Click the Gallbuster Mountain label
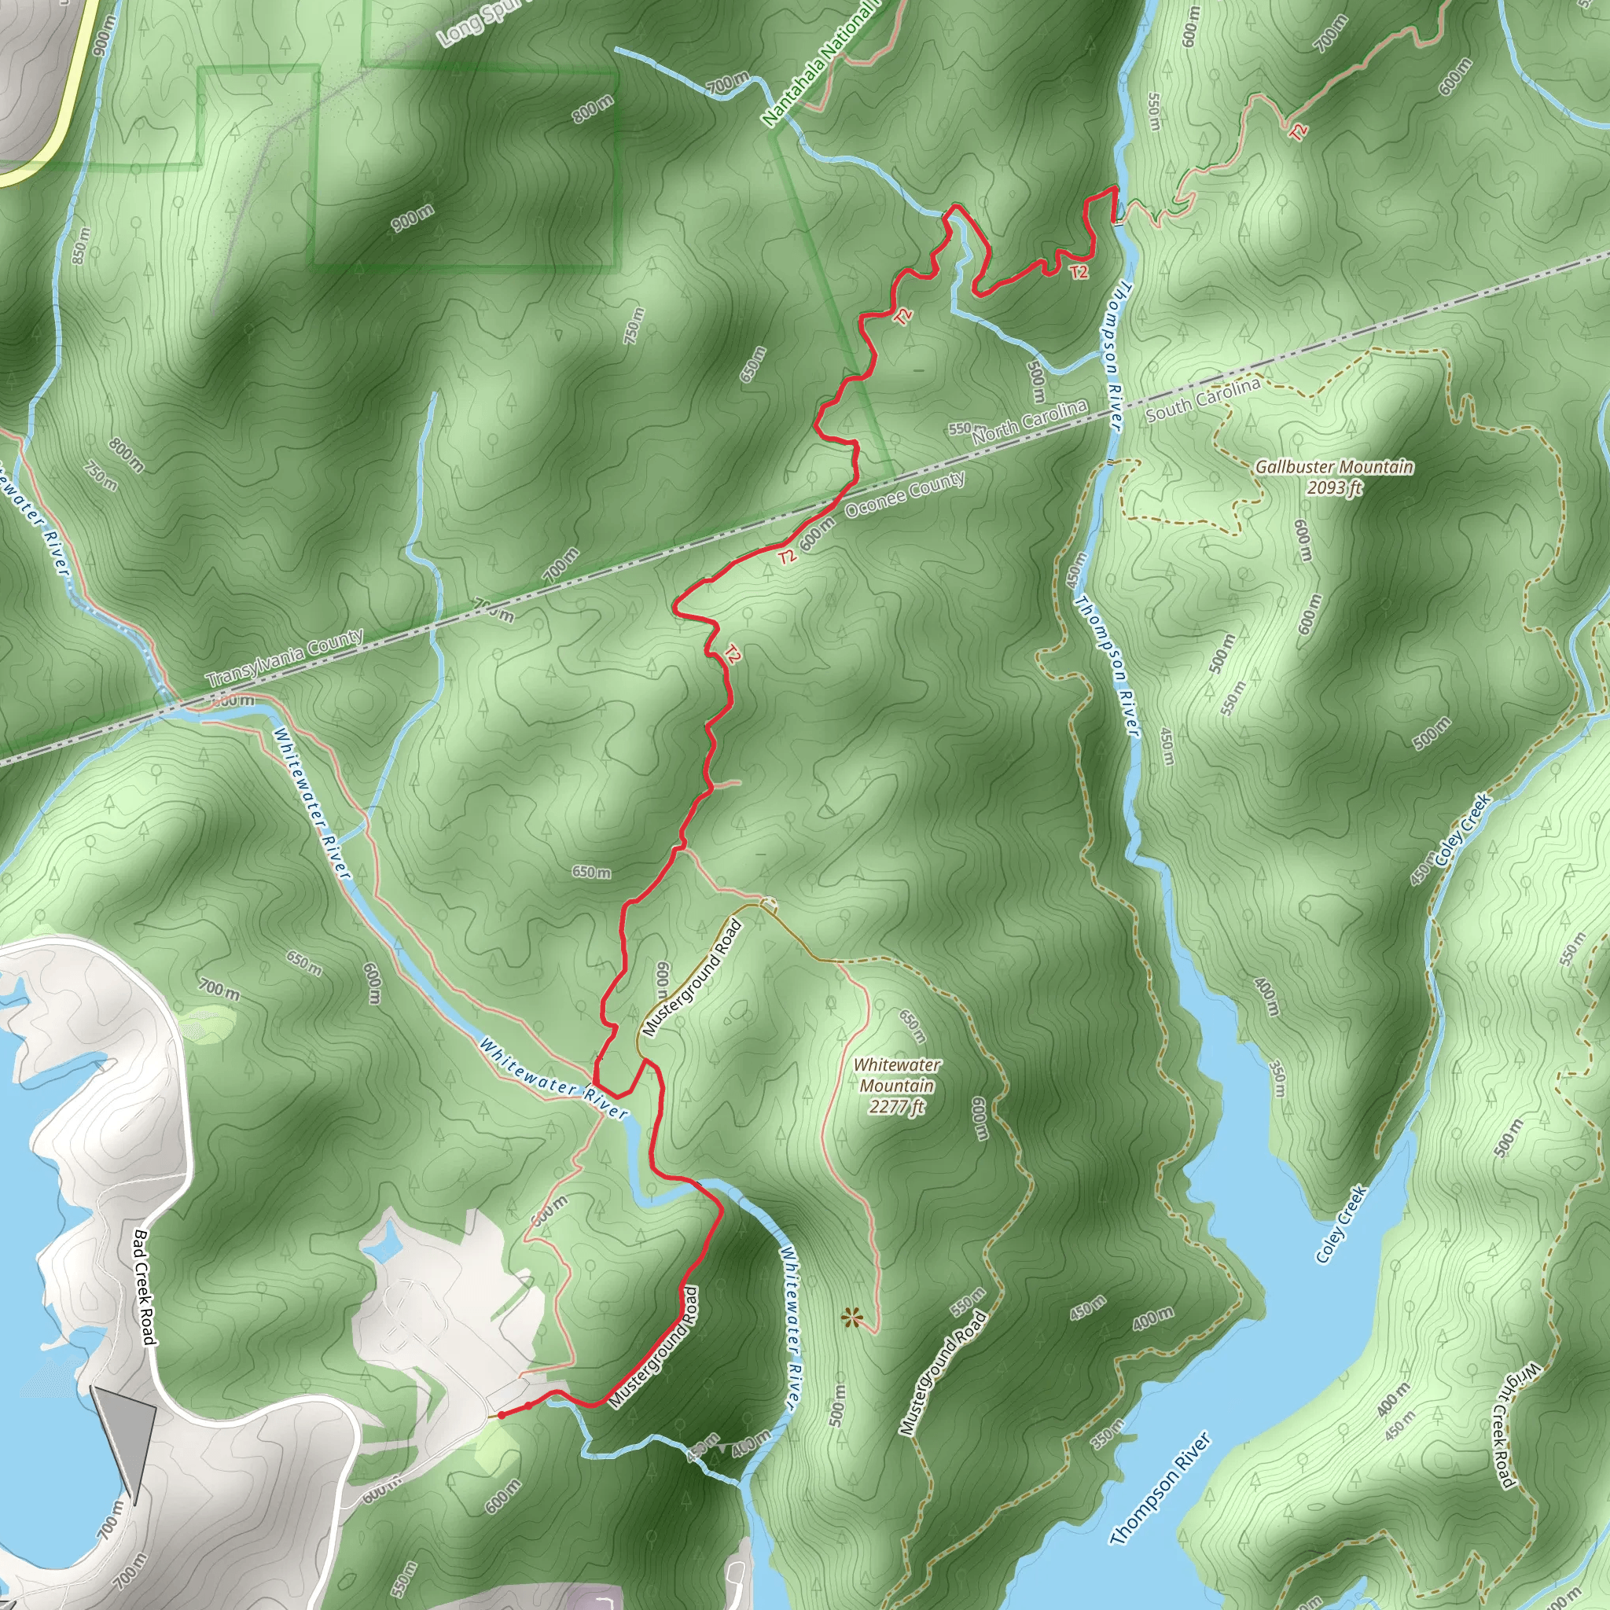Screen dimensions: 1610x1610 coord(1334,467)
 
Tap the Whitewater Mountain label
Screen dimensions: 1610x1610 coord(897,1075)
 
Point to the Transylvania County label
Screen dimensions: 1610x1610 coord(285,658)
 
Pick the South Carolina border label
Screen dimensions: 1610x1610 coord(1203,400)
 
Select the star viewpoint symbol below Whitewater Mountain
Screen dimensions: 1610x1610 coord(850,1318)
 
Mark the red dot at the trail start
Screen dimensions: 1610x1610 coord(502,1414)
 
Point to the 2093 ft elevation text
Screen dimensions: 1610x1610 coord(1334,487)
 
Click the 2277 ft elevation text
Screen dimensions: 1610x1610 coord(897,1107)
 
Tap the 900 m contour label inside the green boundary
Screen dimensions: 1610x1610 coord(413,219)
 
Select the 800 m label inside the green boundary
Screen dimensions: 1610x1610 coord(594,108)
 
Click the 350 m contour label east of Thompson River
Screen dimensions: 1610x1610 coord(1278,1078)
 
